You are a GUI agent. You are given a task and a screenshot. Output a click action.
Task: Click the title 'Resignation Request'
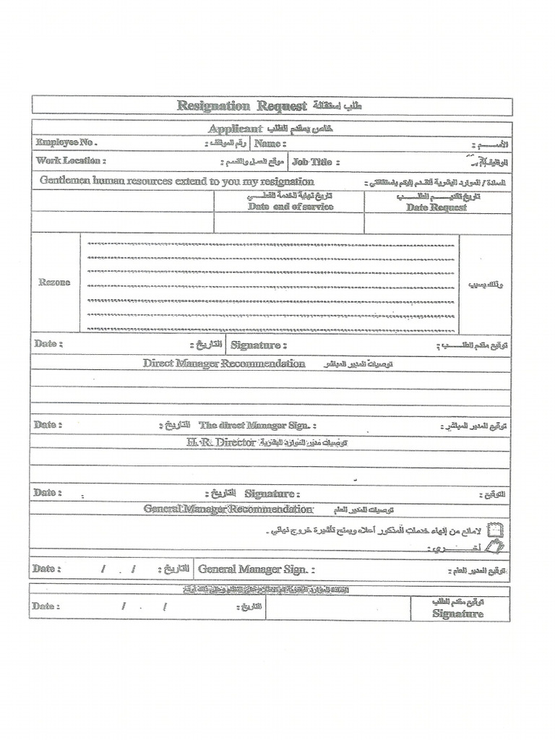242,106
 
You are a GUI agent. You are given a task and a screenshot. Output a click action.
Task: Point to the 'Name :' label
268,144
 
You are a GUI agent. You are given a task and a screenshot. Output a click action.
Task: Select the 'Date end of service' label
291,207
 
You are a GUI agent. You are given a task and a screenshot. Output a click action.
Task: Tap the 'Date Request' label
436,207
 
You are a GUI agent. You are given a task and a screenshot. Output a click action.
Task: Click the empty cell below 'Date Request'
437,223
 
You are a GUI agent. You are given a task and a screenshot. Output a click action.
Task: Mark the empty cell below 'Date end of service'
289,223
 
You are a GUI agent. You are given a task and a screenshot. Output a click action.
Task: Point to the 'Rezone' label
55,283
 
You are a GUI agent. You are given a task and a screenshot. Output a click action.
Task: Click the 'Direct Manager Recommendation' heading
224,363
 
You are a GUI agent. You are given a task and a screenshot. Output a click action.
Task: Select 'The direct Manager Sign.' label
257,426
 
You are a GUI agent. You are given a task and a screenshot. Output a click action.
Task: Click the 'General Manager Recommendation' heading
228,509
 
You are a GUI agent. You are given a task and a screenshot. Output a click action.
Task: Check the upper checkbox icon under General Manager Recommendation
496,530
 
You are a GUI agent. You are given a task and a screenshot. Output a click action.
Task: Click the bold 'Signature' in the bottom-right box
458,614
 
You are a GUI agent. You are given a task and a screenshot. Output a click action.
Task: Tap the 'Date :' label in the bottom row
48,606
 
